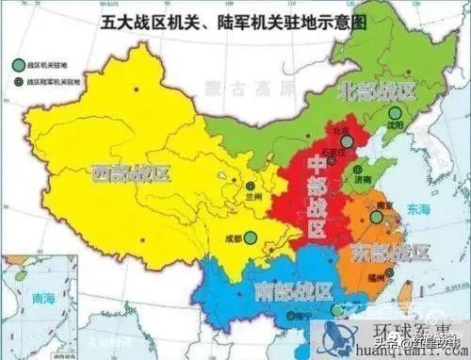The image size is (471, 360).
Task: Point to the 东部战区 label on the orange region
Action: coord(390,253)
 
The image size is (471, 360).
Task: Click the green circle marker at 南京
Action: coord(378,217)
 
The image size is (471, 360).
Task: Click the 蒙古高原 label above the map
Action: coord(244,88)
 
